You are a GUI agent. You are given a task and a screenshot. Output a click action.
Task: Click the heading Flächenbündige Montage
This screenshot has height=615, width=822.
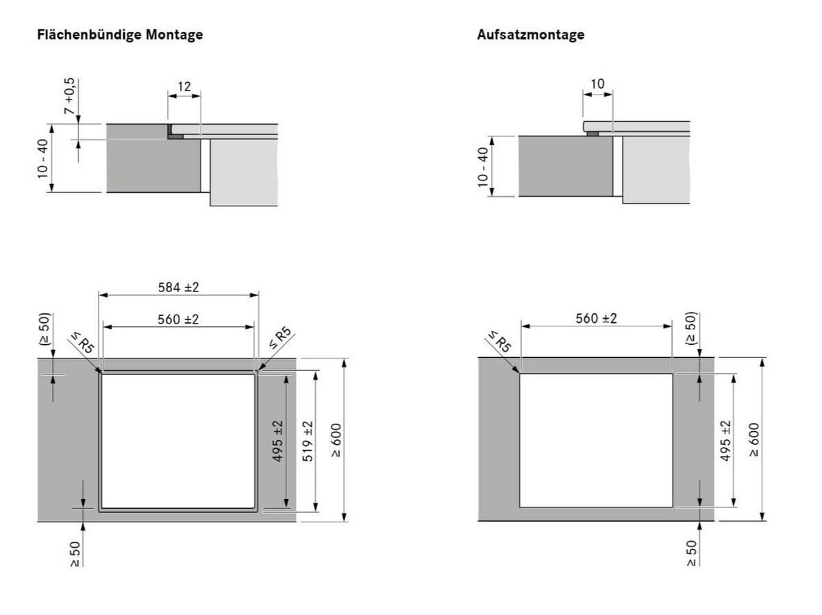pyautogui.click(x=120, y=35)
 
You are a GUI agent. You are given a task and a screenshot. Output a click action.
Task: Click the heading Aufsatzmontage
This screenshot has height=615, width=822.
pyautogui.click(x=530, y=35)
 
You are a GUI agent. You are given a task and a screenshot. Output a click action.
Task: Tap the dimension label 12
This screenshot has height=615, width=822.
pyautogui.click(x=184, y=86)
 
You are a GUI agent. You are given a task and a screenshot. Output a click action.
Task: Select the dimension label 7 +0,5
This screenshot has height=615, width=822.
pyautogui.click(x=70, y=96)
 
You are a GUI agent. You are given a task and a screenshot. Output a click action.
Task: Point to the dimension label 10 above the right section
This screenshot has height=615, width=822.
pyautogui.click(x=597, y=84)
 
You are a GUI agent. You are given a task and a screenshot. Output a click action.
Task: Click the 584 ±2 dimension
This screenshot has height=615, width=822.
pyautogui.click(x=178, y=287)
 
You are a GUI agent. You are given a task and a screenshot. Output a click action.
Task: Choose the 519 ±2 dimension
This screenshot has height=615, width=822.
pyautogui.click(x=308, y=441)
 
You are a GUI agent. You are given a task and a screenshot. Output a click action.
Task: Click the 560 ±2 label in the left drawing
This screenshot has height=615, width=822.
pyautogui.click(x=178, y=319)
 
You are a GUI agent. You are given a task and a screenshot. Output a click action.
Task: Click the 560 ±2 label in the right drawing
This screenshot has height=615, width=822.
pyautogui.click(x=596, y=318)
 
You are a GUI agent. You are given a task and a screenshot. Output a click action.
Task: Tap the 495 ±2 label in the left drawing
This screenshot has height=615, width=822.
pyautogui.click(x=277, y=441)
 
